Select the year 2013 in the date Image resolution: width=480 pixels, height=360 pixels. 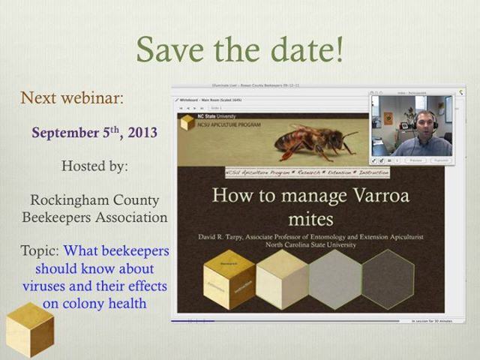point(140,133)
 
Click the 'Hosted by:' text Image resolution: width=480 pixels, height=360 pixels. point(94,166)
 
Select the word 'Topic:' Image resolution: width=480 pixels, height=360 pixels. point(44,251)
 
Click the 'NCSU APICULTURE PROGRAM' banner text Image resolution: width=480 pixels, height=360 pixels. point(225,126)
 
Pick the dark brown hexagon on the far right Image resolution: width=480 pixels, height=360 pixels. point(388,278)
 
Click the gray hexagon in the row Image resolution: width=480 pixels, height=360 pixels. point(334,278)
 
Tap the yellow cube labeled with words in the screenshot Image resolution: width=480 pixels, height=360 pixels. point(229,278)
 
